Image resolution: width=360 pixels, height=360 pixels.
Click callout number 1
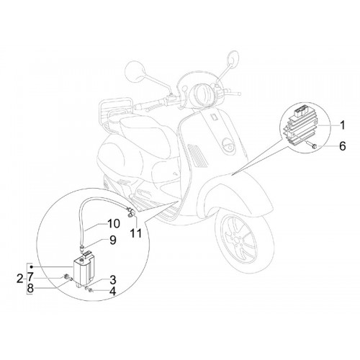(x=343, y=125)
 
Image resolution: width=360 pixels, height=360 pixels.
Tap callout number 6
(x=342, y=146)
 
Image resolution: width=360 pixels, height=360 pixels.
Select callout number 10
(x=114, y=224)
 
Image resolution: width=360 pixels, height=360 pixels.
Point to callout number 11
(x=136, y=233)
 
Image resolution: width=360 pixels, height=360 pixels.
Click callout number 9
(x=113, y=240)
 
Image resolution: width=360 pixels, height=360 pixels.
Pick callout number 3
(x=113, y=280)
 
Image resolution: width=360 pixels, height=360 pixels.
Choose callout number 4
(x=112, y=291)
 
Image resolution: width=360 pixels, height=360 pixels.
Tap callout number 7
(x=30, y=277)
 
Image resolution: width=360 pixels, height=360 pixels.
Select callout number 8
(x=30, y=289)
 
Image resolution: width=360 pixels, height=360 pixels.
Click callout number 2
(x=20, y=279)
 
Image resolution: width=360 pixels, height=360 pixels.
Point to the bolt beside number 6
(x=311, y=145)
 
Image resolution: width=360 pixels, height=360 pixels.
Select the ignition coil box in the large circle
(x=84, y=269)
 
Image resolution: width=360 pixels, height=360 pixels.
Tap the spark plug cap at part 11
(x=131, y=212)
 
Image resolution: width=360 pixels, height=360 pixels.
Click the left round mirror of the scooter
(x=135, y=72)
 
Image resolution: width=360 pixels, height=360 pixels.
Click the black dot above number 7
(x=31, y=267)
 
